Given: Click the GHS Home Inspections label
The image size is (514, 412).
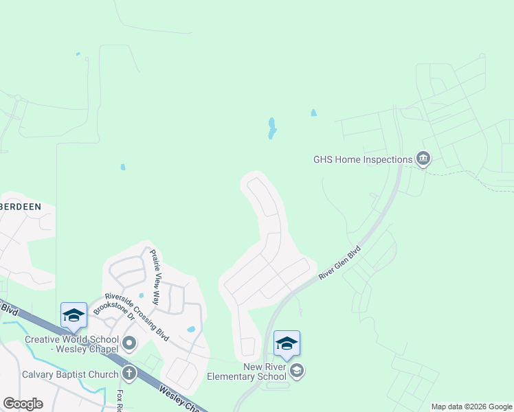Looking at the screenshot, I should (x=363, y=159).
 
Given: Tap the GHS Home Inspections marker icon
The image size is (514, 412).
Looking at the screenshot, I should (x=423, y=159).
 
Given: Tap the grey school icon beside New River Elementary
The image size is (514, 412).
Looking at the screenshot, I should (x=297, y=371).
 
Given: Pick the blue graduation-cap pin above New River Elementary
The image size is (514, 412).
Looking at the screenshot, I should (x=286, y=343).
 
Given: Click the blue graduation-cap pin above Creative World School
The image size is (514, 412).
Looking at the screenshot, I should (x=74, y=314).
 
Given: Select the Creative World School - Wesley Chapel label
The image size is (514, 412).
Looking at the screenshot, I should (x=69, y=345).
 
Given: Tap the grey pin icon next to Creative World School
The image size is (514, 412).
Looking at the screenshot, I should (x=128, y=342).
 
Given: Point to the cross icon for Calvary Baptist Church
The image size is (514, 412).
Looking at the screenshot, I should (x=128, y=374).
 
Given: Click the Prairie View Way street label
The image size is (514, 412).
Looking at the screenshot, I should (x=155, y=277).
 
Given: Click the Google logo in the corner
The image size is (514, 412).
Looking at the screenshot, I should (x=23, y=404).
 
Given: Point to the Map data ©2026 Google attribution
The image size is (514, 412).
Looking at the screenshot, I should (x=471, y=407).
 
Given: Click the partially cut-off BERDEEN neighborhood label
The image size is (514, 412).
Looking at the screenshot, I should (x=20, y=206).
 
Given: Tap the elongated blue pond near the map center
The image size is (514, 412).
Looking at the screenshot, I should (x=272, y=128).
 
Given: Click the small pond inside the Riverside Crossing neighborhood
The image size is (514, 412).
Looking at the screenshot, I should (x=191, y=330).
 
